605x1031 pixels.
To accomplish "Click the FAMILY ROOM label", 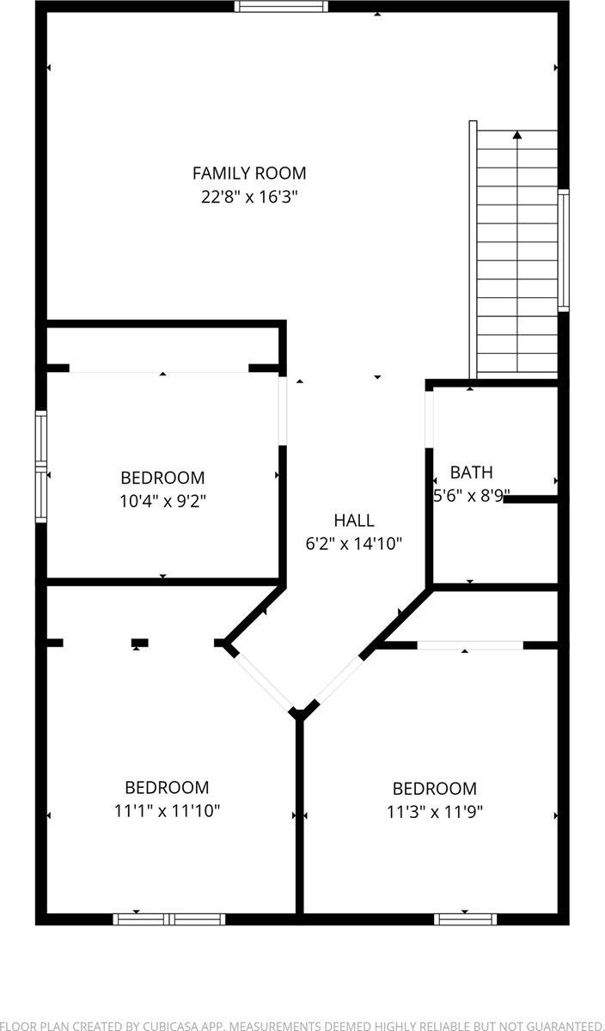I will (249, 173).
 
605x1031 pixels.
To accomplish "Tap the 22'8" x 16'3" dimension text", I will (249, 197).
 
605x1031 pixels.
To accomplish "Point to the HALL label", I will (354, 520).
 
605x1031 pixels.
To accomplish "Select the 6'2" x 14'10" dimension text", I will (354, 543).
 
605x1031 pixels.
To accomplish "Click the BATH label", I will (472, 472).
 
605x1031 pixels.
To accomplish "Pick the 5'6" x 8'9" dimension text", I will (472, 495).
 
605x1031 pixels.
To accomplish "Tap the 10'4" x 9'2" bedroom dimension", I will (162, 500).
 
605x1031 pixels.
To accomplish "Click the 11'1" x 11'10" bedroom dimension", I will (167, 810).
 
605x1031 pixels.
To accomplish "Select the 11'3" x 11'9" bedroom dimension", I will (435, 811).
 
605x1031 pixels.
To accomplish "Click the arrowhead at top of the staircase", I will (517, 135).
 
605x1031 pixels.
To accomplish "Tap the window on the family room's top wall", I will (282, 7).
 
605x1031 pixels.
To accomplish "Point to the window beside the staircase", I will (563, 249).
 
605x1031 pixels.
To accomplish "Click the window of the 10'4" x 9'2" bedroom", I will (40, 467).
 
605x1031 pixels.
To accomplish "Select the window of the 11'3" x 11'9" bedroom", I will (465, 918).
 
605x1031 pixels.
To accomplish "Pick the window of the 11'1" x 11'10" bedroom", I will (169, 918).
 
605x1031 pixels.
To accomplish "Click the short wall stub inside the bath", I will (531, 498).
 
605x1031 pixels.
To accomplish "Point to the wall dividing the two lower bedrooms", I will (300, 816).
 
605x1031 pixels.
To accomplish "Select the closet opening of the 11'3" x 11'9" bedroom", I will (470, 644).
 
